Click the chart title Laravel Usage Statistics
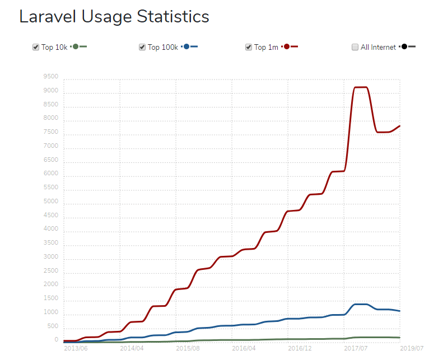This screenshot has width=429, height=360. (114, 17)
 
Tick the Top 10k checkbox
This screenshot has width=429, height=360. (36, 47)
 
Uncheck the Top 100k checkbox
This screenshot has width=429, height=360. (142, 47)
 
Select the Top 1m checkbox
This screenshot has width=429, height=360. (249, 47)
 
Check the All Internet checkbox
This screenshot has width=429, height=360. (355, 47)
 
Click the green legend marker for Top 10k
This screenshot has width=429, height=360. (75, 46)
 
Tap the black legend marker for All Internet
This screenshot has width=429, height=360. (404, 46)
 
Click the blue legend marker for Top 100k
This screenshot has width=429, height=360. (186, 46)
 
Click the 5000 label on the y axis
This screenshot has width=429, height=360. (50, 202)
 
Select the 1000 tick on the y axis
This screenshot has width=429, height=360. (50, 312)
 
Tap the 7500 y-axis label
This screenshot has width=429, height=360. (50, 132)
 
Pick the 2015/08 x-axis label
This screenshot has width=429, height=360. (188, 348)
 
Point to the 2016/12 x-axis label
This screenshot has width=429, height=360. (300, 348)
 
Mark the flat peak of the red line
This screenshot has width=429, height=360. (359, 87)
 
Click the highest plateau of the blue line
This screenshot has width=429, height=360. (359, 304)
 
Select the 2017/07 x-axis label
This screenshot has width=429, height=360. (356, 348)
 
